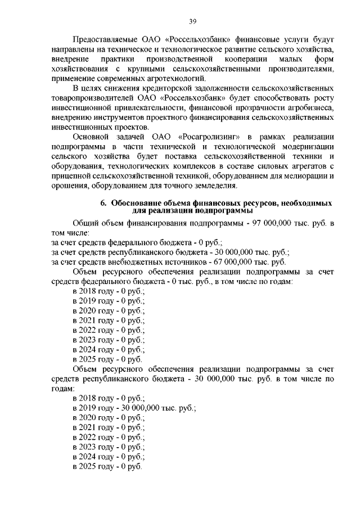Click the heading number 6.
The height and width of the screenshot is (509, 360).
[x=103, y=202]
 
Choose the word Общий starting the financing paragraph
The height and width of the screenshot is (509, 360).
[x=85, y=223]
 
